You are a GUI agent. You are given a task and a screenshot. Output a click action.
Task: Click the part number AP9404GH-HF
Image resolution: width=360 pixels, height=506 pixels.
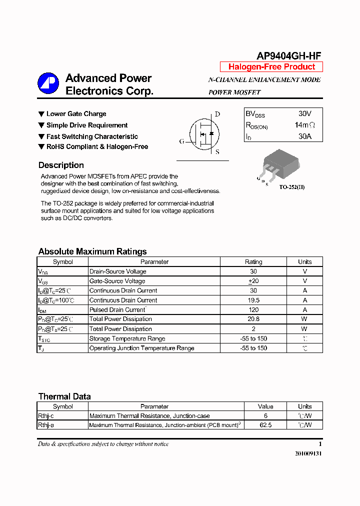289,56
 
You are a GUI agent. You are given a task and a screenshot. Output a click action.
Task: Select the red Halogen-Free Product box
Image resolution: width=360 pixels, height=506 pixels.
271,67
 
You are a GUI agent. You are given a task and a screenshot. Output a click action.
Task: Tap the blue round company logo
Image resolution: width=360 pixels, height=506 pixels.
48,83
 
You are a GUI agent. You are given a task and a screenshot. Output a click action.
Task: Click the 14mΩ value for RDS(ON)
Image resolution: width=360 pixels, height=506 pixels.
304,125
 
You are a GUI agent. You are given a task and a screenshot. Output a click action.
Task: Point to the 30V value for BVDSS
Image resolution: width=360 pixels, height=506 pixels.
304,114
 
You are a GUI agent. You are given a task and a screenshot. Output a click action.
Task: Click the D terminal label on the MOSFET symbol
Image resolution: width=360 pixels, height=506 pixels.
217,114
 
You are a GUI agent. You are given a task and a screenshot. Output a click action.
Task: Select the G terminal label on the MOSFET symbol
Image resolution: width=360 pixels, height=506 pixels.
181,141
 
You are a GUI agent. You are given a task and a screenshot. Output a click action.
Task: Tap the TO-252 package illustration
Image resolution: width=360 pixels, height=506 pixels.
280,163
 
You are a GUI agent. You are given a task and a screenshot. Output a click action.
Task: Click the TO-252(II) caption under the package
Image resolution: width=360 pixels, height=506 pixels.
291,187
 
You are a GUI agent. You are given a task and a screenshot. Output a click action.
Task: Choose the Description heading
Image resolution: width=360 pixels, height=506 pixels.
61,165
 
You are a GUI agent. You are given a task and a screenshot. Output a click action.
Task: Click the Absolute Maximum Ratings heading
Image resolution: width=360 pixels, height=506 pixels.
92,251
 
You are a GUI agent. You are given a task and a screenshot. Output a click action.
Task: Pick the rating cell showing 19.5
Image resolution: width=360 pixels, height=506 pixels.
253,300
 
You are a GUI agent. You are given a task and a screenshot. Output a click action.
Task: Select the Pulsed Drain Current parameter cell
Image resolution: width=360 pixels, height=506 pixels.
117,310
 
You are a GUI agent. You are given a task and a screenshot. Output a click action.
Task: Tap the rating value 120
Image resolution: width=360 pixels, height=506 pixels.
253,310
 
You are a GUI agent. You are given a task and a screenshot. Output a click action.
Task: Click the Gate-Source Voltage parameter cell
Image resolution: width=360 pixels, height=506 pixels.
117,281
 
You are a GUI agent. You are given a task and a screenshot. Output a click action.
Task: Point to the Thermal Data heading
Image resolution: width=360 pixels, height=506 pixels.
64,396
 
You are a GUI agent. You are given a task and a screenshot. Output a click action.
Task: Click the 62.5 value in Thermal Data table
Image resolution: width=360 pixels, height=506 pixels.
265,425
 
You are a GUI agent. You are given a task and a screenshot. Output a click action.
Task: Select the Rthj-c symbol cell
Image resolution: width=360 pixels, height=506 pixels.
46,415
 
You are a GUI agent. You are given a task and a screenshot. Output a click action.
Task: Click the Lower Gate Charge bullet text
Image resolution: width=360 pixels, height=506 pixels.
76,114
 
